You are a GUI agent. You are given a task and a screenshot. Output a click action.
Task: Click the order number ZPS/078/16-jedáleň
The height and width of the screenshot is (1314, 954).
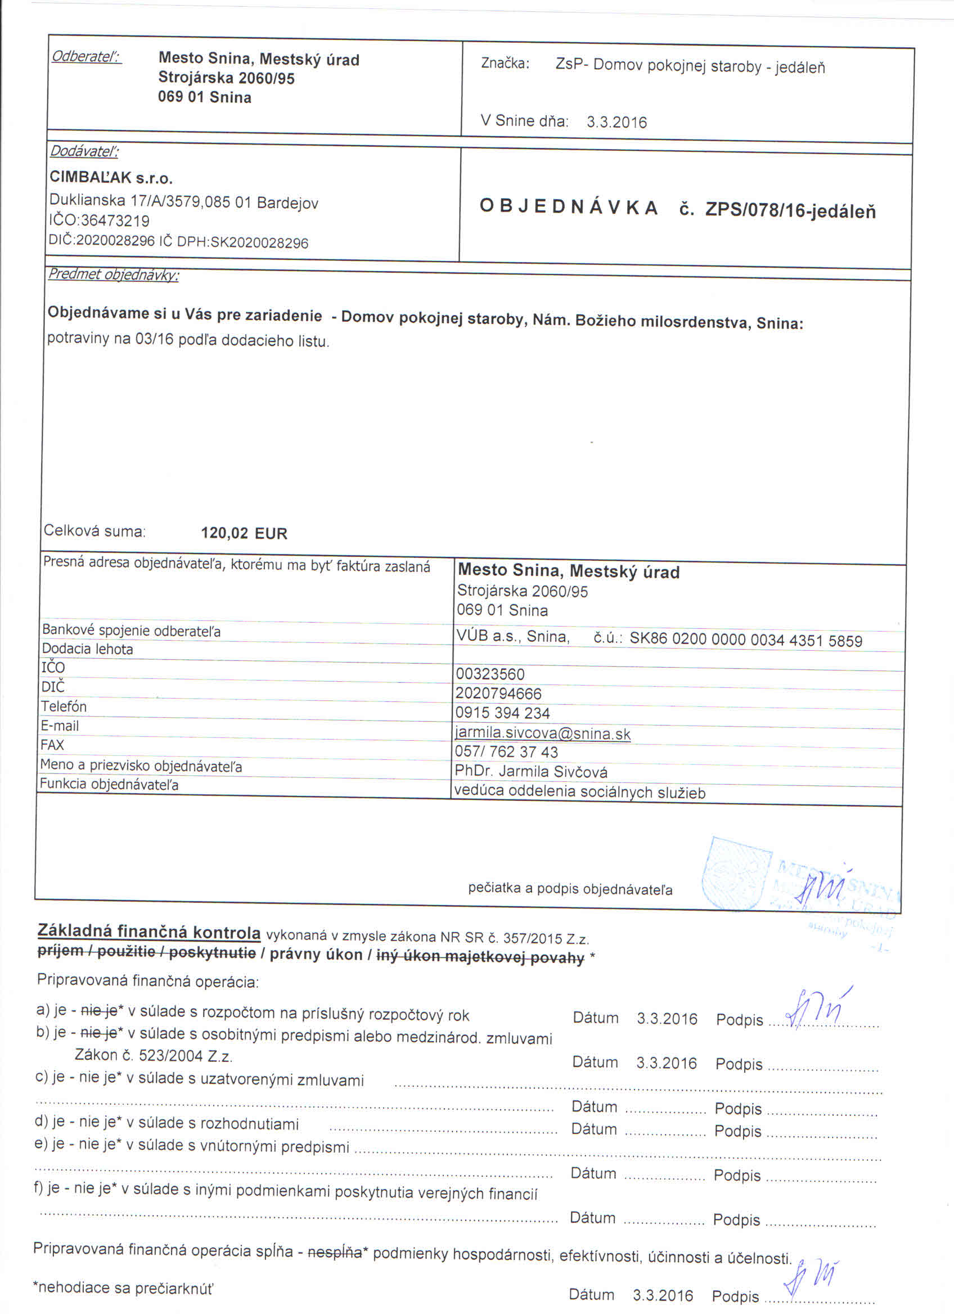tap(790, 211)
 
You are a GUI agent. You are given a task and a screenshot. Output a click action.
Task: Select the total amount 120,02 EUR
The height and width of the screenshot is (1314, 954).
tap(244, 533)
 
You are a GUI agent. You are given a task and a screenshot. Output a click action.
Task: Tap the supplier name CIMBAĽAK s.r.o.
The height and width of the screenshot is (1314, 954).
tap(111, 177)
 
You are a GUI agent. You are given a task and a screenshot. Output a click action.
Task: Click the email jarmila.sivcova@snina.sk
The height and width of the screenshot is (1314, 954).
tap(543, 733)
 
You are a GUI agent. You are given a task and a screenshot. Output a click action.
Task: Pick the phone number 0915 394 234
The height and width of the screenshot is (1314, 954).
tap(503, 713)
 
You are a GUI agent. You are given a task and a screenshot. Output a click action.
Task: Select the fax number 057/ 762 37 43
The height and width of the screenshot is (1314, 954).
tap(506, 752)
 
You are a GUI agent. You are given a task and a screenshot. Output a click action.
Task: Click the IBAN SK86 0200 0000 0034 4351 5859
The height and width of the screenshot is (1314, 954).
tap(745, 640)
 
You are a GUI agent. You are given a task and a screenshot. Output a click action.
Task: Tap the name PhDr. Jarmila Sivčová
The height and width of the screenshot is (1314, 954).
tap(531, 772)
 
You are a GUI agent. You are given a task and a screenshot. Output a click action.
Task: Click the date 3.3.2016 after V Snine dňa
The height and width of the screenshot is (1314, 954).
tap(616, 122)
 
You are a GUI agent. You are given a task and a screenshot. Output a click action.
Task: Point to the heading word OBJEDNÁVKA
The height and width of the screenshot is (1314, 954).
tap(569, 208)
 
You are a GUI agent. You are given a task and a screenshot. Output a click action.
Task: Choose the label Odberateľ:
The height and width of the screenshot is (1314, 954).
tap(86, 57)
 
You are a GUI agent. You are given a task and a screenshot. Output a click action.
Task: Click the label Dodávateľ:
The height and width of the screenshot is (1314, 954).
tap(84, 152)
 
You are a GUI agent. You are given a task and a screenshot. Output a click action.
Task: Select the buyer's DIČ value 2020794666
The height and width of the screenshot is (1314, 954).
tap(499, 694)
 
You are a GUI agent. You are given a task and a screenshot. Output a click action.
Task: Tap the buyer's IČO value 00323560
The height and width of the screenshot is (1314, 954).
tap(490, 674)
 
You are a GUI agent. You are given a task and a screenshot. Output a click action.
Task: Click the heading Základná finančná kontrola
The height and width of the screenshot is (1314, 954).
tap(149, 931)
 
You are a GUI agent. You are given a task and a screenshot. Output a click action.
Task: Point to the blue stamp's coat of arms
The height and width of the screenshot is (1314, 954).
tap(735, 874)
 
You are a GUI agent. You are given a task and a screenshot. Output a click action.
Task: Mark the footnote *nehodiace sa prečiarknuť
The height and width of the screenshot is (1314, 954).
tap(123, 1288)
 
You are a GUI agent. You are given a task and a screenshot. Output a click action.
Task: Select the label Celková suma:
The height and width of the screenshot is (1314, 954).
tap(94, 530)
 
